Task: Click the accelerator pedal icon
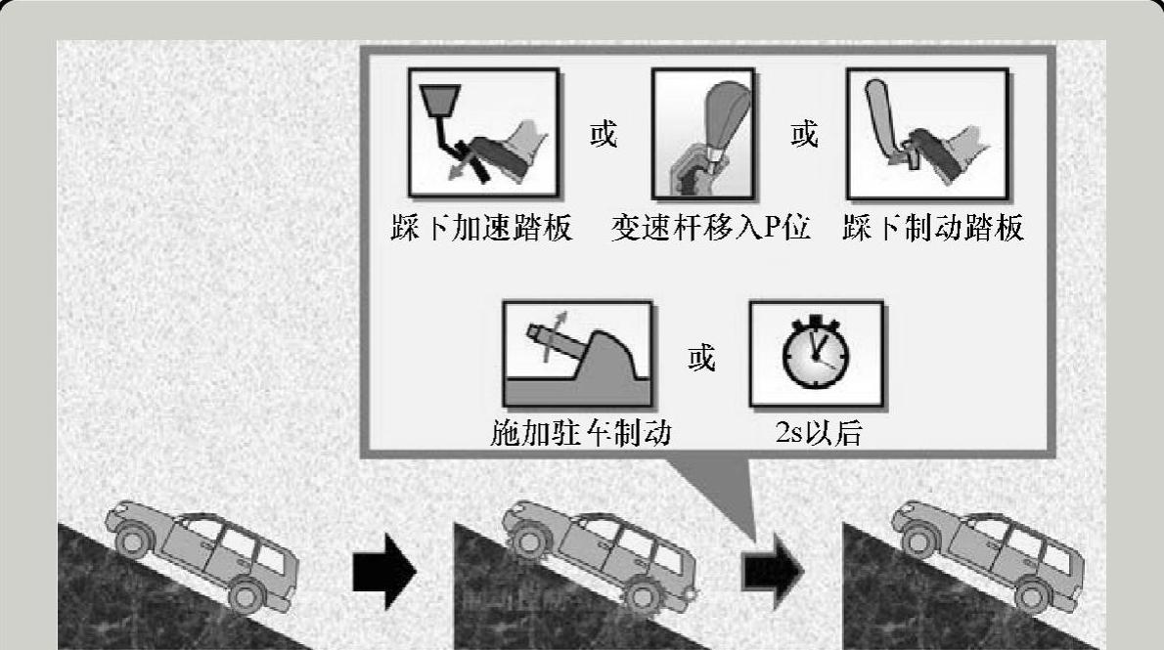(x=483, y=133)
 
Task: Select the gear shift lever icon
(x=703, y=134)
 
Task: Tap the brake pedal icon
(x=927, y=134)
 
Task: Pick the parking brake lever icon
(x=577, y=354)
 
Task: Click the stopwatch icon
(x=816, y=354)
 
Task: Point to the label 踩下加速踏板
(x=482, y=228)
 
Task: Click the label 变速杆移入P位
(x=710, y=228)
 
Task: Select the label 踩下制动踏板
(x=933, y=228)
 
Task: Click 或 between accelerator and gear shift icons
(x=604, y=134)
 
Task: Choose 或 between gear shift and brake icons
(x=804, y=134)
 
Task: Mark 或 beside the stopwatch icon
(x=701, y=358)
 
